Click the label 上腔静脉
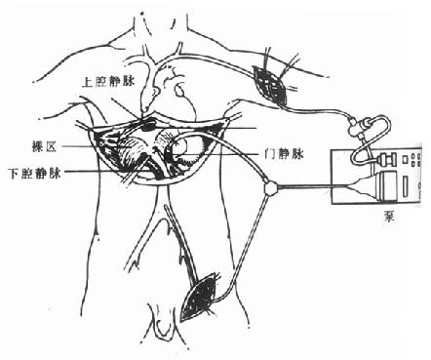108,82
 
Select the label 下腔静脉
35,173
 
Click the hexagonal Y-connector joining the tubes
271,187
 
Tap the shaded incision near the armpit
270,85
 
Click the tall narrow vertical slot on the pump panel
406,186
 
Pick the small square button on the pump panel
405,160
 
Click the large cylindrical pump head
385,186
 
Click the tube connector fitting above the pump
358,127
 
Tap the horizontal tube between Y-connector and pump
313,186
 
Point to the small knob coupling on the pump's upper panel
387,160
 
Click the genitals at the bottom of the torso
162,320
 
